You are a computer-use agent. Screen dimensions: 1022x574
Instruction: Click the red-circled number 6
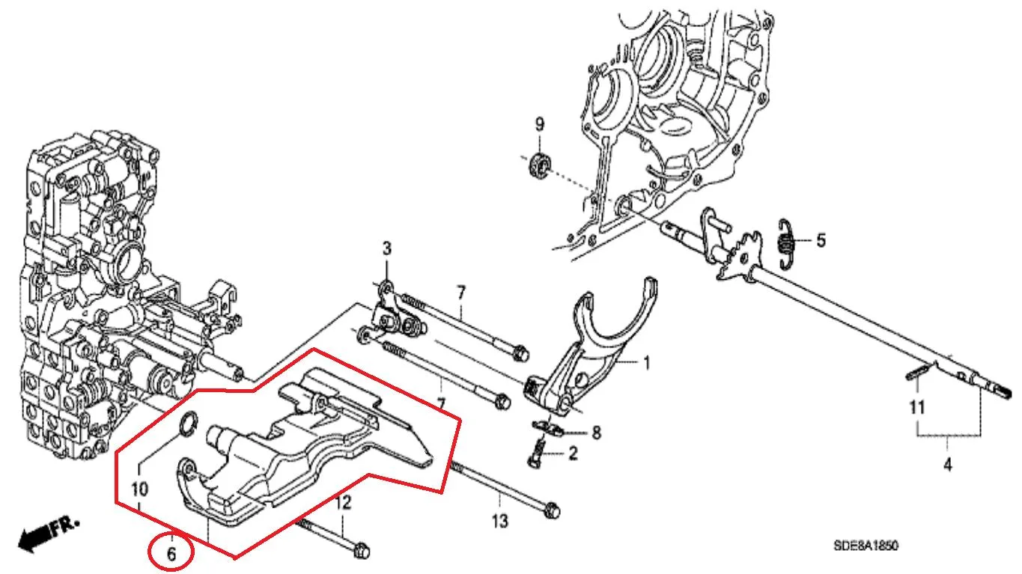tap(171, 554)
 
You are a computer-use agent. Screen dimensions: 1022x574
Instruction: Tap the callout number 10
tap(139, 489)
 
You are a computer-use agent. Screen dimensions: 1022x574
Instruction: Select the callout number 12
tap(343, 502)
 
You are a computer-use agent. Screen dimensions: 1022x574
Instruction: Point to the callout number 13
tap(500, 521)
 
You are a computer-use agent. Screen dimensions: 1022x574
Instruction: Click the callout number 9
tap(540, 124)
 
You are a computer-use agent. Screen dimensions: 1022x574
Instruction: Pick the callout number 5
tap(821, 240)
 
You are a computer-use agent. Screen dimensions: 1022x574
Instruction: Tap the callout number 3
tap(387, 248)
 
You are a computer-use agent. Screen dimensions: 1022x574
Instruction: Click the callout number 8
tap(596, 433)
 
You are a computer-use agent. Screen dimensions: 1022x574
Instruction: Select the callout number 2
tap(573, 454)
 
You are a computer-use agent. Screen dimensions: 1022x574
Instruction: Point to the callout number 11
tap(917, 407)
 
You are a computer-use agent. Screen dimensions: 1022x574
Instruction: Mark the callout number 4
tap(948, 465)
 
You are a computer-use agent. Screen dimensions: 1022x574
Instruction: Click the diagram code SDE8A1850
tap(866, 546)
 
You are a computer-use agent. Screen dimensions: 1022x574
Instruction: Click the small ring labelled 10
tap(189, 424)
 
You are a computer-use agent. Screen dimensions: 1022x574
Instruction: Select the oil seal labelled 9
tap(541, 166)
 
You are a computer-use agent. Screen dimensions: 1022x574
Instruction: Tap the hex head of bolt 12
tap(361, 551)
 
